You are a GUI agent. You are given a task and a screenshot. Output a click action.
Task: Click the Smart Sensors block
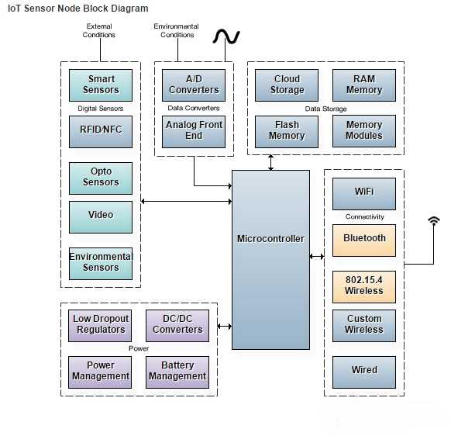101,85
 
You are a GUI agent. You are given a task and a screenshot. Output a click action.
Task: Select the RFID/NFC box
101,132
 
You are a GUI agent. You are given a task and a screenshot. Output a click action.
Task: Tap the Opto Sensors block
101,178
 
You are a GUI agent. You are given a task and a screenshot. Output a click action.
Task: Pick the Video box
101,217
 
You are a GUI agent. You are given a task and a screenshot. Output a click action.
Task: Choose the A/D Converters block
194,85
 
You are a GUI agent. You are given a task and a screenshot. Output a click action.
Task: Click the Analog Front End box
194,132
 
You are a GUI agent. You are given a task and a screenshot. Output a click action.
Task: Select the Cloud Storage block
287,85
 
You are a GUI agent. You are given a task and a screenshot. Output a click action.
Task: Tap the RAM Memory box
364,85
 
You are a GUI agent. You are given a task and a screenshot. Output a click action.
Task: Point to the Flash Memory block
287,132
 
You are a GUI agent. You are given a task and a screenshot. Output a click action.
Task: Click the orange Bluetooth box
364,240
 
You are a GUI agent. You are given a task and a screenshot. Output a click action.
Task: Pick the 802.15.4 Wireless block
364,287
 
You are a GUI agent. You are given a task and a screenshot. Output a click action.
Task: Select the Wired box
364,372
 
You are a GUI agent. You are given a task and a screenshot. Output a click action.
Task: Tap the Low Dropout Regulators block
100,326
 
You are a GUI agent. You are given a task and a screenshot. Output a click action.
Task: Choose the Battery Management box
177,372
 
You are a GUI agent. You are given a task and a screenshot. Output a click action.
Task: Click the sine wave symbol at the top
226,37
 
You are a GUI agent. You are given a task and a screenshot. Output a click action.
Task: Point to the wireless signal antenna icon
434,222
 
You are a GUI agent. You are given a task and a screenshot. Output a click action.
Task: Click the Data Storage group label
325,109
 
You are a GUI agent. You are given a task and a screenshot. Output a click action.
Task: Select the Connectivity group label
364,216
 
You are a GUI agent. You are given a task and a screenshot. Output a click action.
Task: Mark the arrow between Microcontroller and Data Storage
270,162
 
